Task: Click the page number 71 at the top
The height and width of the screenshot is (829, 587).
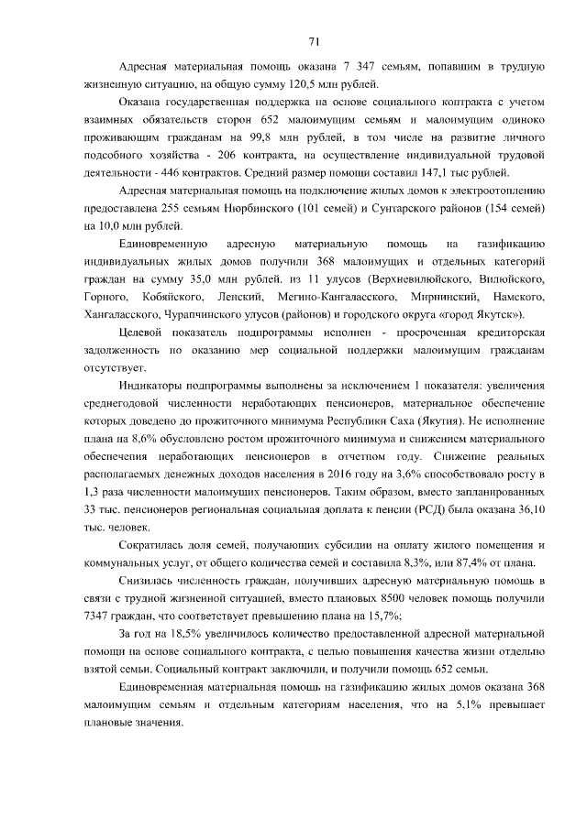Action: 313,40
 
